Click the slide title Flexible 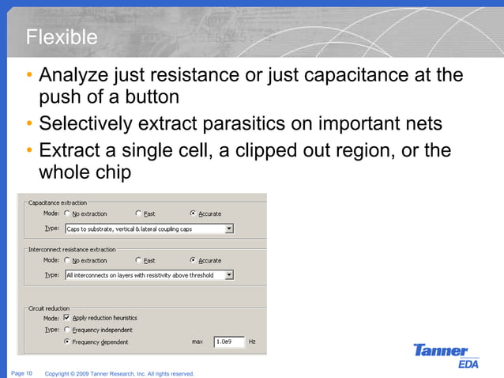pos(62,37)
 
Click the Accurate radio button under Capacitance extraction pos(194,214)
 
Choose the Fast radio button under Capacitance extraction pos(139,214)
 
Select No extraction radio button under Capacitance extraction pos(67,214)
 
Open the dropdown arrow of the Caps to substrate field pos(229,229)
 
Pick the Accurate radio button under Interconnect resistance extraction pos(194,260)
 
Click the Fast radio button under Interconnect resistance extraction pos(139,260)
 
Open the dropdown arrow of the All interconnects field pos(229,275)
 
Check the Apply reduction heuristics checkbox pos(67,318)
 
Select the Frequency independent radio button pos(67,330)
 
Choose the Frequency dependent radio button pos(67,342)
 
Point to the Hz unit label pos(253,342)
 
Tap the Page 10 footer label pos(21,372)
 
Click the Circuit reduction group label pos(49,308)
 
